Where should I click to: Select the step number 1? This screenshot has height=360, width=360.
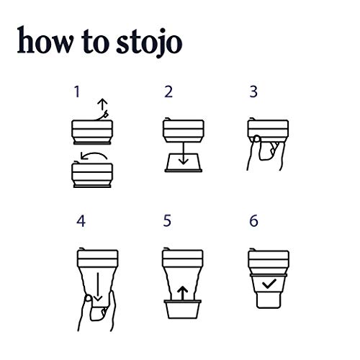click(x=77, y=92)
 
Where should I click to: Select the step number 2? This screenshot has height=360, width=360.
click(x=168, y=92)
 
